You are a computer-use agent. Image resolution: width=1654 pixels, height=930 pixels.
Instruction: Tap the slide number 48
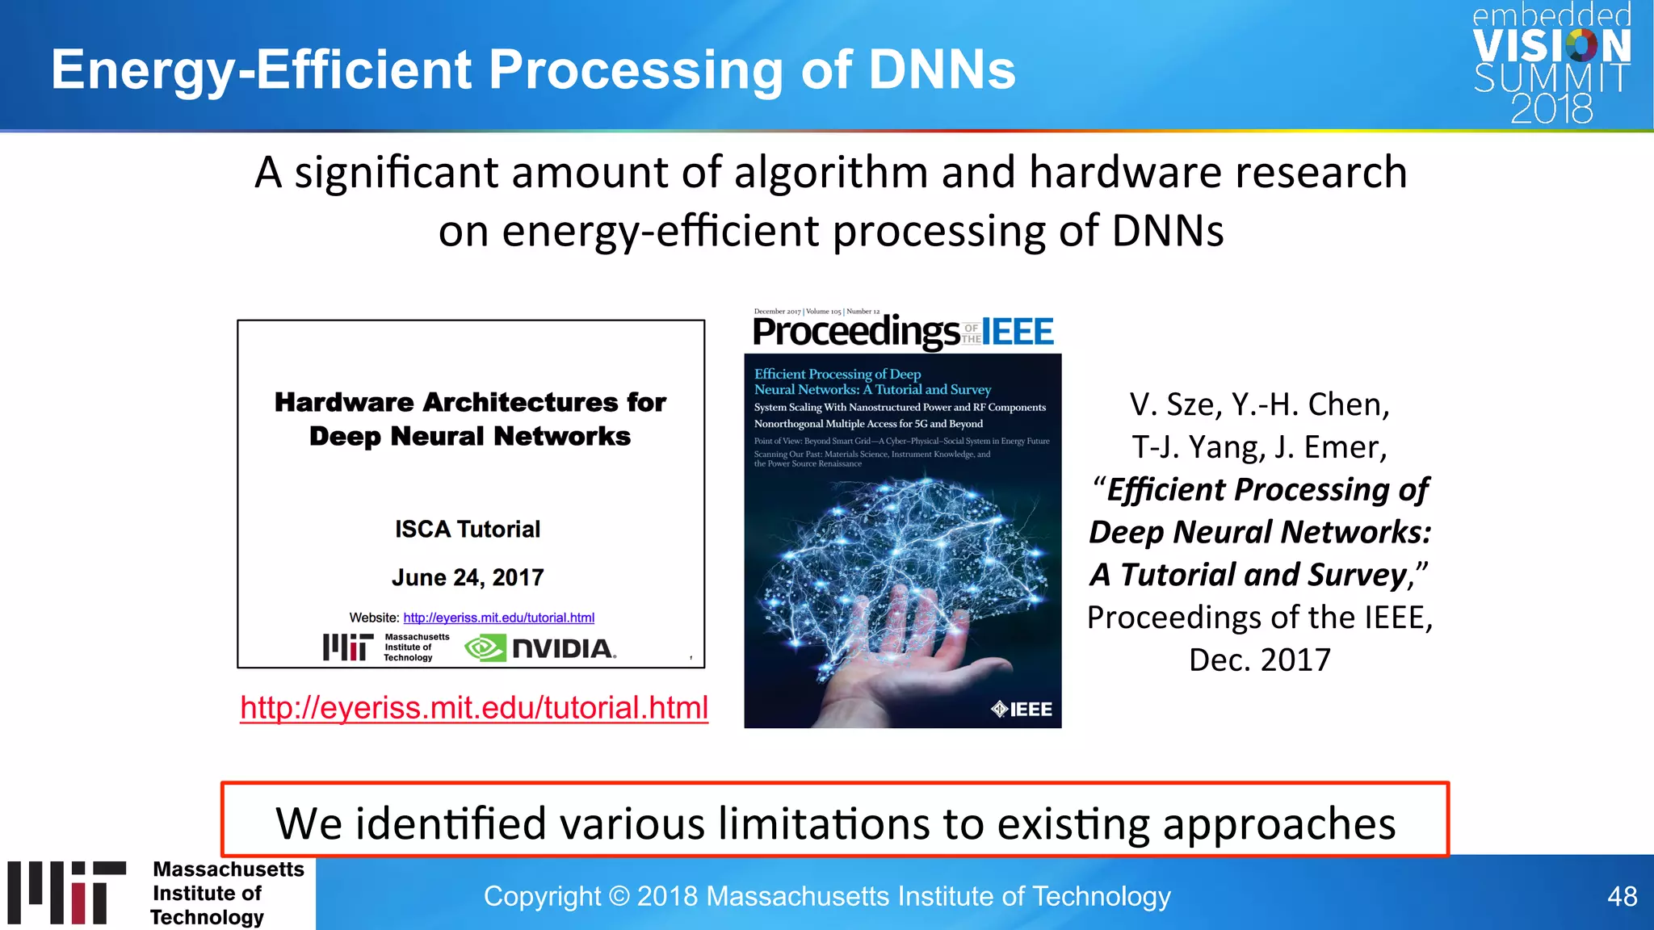coord(1622,896)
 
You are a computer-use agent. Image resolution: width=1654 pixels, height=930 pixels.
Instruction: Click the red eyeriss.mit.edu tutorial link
coord(474,708)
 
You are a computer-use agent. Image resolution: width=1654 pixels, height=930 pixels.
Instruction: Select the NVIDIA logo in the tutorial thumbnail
coord(540,648)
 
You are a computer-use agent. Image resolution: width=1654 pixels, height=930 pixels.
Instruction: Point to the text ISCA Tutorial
coord(468,530)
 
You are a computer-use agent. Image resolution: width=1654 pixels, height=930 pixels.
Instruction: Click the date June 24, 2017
coord(468,578)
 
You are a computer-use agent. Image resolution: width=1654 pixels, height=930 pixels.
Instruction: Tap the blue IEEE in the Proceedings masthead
coord(1018,332)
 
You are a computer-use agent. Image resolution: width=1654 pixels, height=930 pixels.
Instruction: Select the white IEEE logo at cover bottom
coord(1022,709)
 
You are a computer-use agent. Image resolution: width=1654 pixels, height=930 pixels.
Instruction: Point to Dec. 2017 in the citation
coord(1259,660)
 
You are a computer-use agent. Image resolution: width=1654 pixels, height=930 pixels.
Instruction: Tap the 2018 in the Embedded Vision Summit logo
coord(1551,109)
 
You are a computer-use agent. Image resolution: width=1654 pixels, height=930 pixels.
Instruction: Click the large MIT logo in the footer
coord(67,893)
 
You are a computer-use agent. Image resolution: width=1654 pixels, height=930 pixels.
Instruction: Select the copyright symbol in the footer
coord(619,896)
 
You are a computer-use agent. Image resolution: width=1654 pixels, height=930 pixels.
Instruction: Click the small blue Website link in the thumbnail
coord(498,618)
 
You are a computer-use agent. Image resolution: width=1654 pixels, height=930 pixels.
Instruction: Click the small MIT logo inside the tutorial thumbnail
coord(348,647)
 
